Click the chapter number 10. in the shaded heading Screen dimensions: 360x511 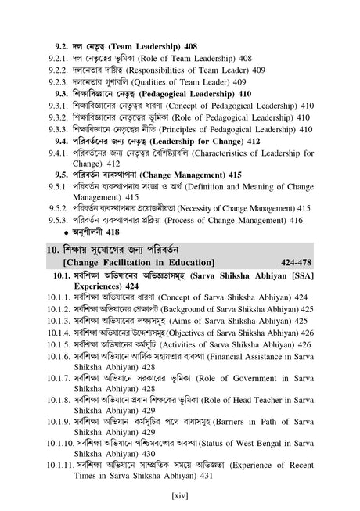54,247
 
